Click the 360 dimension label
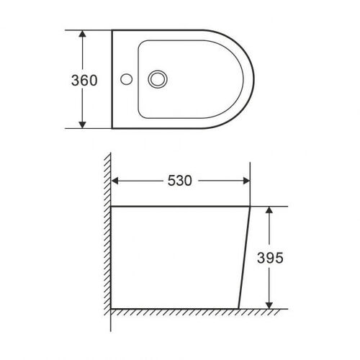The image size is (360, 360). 84,81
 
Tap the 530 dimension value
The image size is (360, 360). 180,181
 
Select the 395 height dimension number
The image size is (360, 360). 270,258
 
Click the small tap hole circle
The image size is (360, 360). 126,79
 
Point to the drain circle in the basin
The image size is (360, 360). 158,79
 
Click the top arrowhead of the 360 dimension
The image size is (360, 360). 82,34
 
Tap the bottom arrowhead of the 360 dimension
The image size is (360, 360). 82,125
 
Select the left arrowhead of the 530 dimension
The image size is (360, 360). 115,181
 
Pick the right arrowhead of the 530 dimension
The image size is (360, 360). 246,181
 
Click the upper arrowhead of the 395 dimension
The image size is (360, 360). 269,210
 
